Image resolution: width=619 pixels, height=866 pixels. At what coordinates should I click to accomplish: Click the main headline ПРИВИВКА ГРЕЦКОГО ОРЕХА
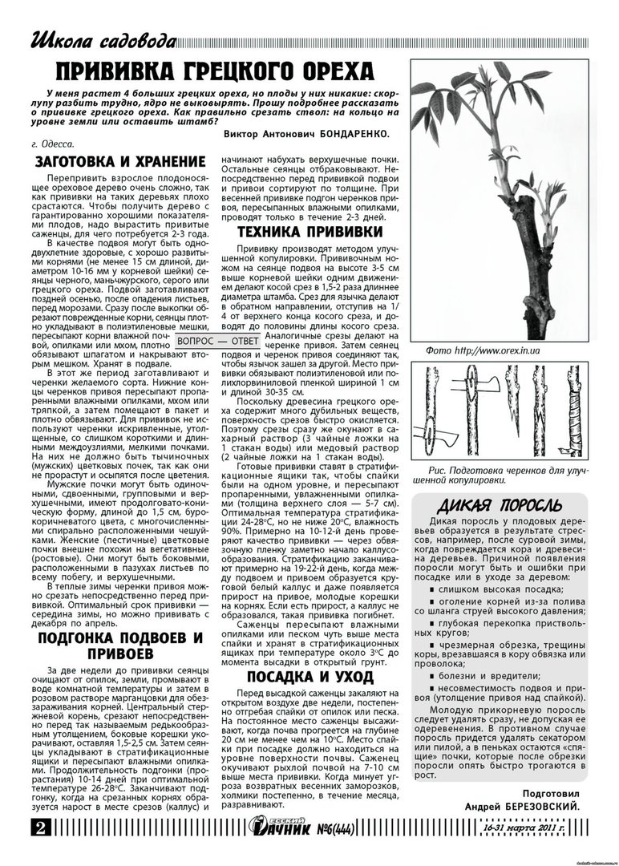point(217,71)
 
